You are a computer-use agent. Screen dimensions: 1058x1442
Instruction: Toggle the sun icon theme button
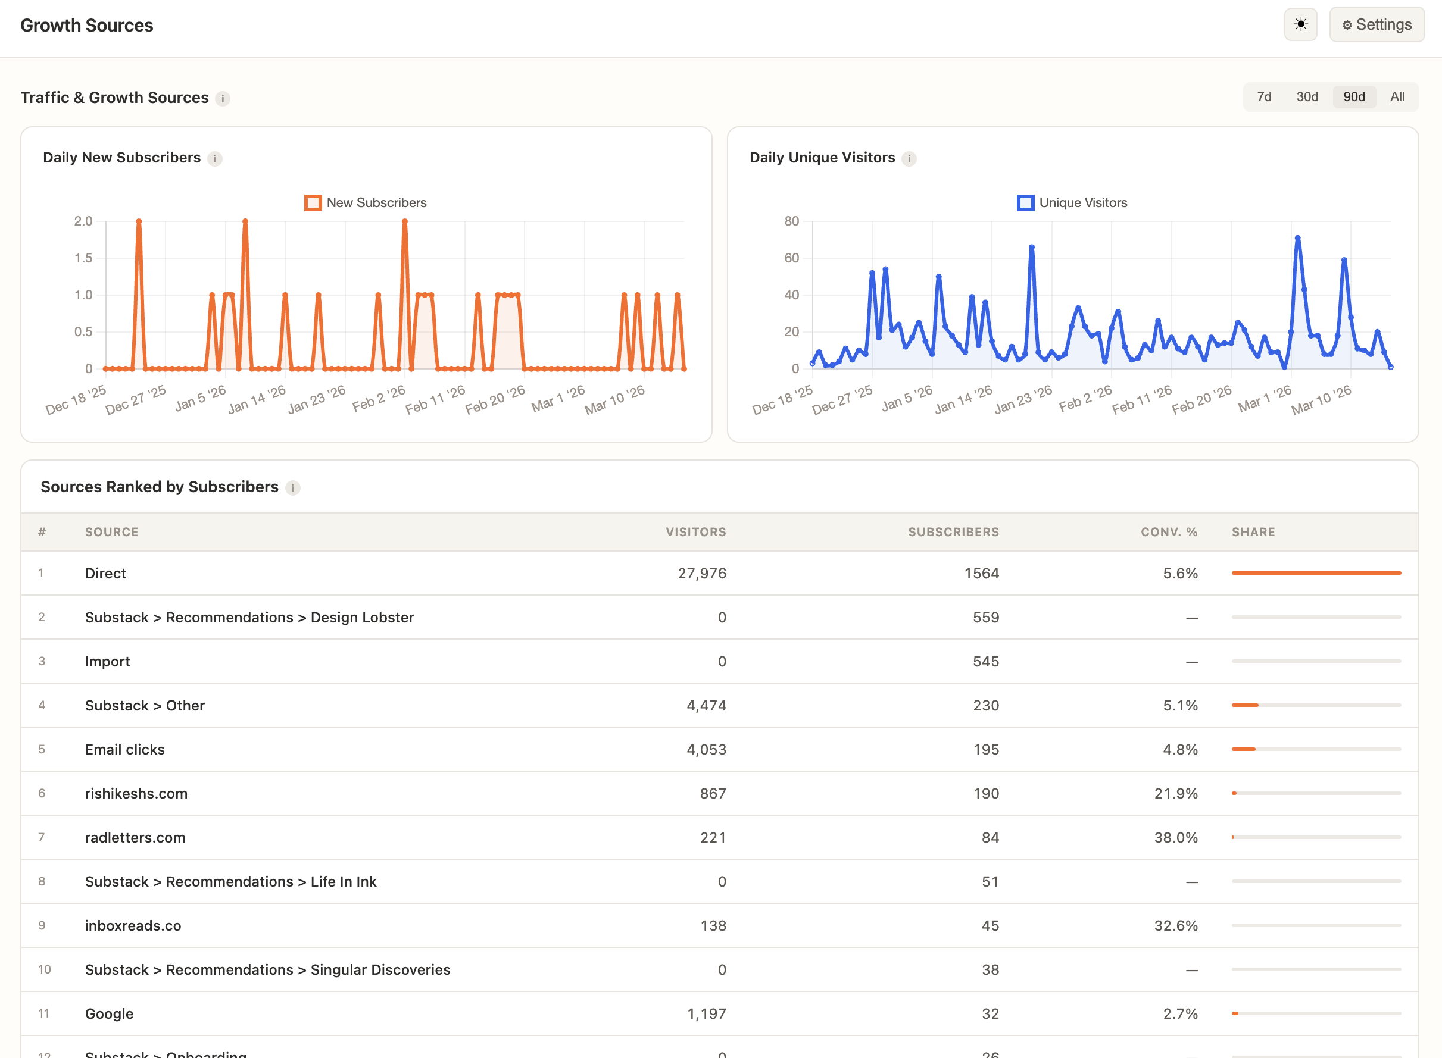pos(1300,25)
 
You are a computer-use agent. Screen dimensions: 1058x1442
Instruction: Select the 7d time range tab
pos(1263,97)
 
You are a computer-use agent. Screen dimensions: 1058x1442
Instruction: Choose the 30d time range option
pos(1307,97)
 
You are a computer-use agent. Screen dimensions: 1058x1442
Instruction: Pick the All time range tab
pos(1397,97)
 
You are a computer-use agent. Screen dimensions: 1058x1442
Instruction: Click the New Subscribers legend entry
pos(366,203)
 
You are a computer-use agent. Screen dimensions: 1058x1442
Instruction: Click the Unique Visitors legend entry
pos(1072,203)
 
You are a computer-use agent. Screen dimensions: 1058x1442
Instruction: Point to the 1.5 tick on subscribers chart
pos(83,258)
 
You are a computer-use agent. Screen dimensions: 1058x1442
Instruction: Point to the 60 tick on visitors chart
pos(792,258)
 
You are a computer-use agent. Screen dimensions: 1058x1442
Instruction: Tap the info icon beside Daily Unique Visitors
pos(909,159)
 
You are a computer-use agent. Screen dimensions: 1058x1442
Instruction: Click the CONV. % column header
pos(1169,531)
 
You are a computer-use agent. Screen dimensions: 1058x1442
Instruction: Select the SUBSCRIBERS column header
pos(953,531)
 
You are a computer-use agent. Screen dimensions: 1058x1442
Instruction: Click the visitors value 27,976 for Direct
pos(701,573)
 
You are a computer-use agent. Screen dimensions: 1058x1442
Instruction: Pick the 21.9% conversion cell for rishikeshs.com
pos(1175,794)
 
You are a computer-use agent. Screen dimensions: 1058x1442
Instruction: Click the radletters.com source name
pos(135,838)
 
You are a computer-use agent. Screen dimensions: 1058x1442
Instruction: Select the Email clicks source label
pos(125,749)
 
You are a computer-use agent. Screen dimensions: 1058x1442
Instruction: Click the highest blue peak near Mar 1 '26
pos(1297,238)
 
